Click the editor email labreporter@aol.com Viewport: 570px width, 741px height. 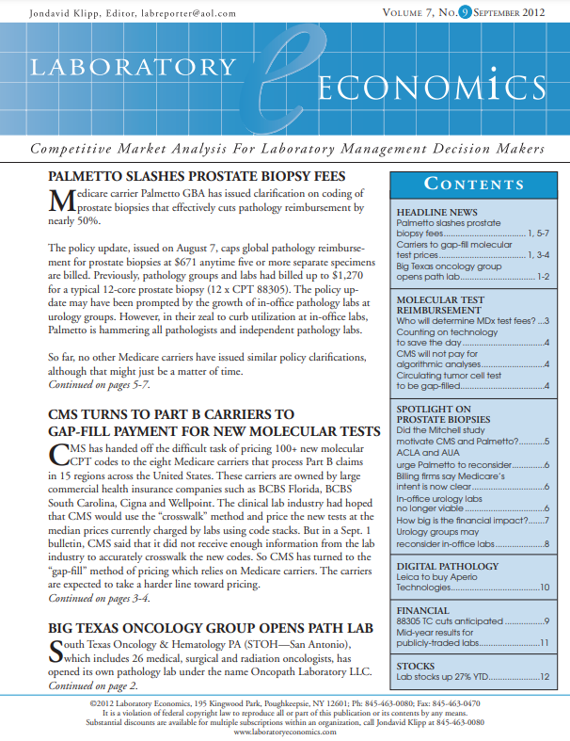click(x=177, y=13)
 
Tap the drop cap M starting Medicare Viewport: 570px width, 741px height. click(x=59, y=202)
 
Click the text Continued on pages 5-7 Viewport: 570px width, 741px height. click(x=98, y=384)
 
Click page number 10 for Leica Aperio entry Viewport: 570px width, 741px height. click(x=544, y=587)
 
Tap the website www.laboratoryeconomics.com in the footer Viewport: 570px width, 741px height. click(x=284, y=731)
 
